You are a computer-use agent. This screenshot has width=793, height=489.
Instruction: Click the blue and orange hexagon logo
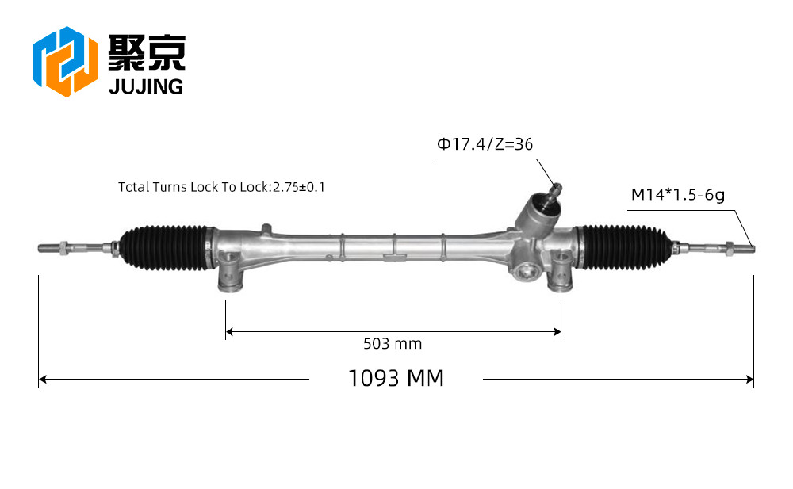click(x=65, y=61)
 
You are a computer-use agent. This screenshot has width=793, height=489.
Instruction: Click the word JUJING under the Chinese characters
click(x=146, y=87)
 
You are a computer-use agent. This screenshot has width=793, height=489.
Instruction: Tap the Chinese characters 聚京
click(x=147, y=52)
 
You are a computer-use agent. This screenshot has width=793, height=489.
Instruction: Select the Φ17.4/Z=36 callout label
click(x=485, y=144)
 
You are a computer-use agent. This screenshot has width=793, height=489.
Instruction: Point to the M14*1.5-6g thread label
click(x=678, y=195)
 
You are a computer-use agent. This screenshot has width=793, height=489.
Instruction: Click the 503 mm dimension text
click(x=393, y=344)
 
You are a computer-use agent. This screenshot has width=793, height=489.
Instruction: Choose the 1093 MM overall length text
click(x=396, y=378)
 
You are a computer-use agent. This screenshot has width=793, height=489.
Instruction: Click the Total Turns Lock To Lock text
click(x=221, y=187)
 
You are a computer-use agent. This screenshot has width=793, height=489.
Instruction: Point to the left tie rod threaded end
click(x=48, y=248)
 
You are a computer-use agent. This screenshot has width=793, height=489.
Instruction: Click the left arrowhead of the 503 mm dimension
click(x=229, y=332)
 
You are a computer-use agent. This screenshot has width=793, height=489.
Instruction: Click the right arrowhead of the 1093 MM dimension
click(x=750, y=380)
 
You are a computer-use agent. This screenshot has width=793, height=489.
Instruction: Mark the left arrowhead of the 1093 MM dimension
click(x=43, y=380)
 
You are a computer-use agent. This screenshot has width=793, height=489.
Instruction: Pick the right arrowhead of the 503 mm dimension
click(x=557, y=332)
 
